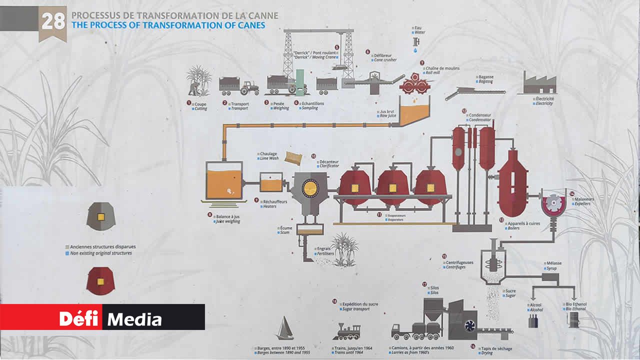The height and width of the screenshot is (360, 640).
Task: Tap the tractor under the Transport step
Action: [x=249, y=88]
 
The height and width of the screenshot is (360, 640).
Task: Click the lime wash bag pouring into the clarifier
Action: [x=293, y=158]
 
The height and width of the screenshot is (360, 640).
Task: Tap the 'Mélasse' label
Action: [x=554, y=263]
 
